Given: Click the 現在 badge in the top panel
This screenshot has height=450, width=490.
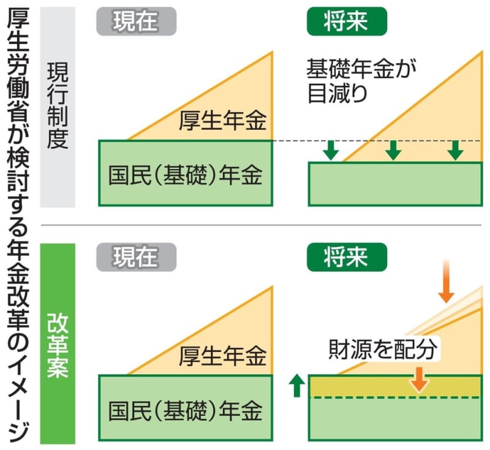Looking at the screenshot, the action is [136, 21].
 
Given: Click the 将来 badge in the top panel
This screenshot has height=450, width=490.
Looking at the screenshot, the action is [347, 21].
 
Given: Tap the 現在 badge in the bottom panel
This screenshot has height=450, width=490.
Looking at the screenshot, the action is [136, 257].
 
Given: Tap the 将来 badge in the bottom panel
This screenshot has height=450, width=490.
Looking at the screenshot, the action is [347, 257].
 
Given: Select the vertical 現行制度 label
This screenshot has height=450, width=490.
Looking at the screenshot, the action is [58, 105].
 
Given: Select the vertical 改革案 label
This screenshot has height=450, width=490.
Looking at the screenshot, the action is [58, 345].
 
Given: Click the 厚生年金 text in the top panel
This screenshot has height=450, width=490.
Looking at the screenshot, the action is [222, 121].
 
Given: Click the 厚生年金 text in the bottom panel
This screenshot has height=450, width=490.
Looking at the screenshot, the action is [222, 356].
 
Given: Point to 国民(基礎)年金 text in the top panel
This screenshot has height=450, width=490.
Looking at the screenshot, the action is [186, 174].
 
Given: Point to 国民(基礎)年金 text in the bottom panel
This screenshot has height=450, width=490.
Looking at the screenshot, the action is [186, 411].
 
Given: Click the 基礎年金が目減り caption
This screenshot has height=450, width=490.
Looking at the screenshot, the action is [361, 81].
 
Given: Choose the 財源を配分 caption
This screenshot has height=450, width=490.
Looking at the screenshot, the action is [383, 349].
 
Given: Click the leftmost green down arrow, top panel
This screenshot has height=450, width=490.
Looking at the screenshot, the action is [331, 151].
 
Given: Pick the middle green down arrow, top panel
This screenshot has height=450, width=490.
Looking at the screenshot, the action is [393, 151].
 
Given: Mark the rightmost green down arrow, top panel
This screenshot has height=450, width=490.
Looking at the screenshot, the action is [455, 151].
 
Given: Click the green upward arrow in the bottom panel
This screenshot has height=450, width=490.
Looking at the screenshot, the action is [297, 386].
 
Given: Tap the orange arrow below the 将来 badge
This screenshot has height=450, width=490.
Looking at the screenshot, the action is [446, 281].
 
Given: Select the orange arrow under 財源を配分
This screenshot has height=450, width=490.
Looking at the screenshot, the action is [419, 380].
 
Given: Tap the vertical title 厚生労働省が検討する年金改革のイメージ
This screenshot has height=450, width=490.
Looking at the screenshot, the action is [18, 225].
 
